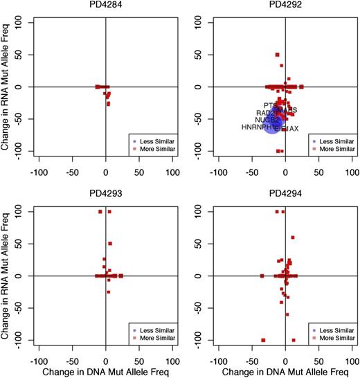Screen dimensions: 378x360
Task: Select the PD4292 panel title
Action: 285,6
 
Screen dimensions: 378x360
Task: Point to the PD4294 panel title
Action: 285,195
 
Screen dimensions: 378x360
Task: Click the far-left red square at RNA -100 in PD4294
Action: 263,340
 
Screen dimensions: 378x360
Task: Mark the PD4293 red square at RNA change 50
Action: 109,244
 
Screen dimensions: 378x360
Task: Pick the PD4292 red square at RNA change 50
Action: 277,55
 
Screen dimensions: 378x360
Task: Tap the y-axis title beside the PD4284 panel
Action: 7,87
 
